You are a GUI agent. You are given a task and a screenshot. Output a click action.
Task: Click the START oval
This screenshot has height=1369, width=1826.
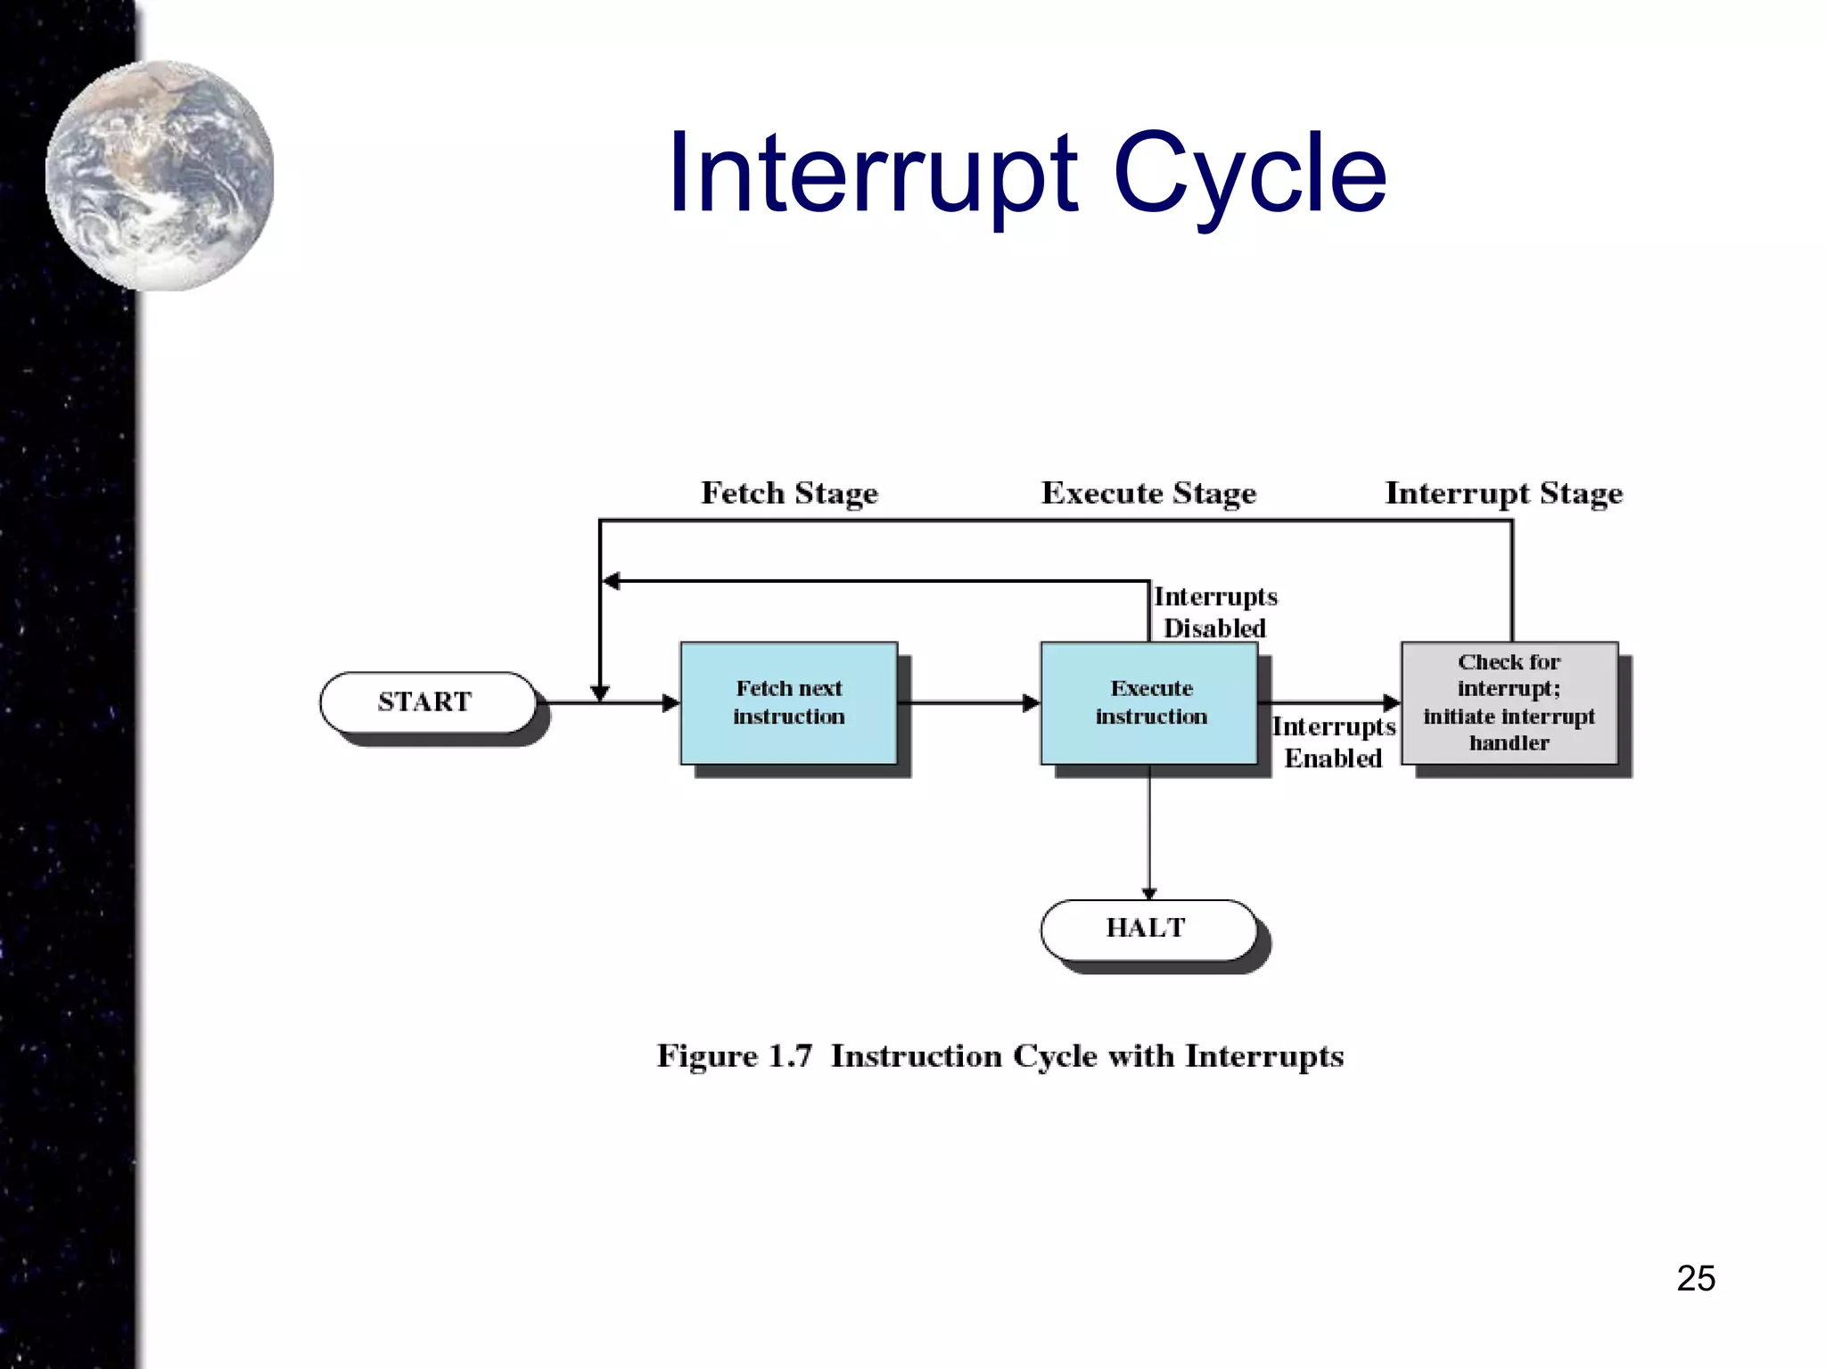(x=427, y=702)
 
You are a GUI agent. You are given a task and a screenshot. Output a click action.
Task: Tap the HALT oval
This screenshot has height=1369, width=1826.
(x=1147, y=929)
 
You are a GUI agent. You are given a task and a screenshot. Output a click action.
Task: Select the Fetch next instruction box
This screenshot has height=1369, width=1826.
(x=789, y=702)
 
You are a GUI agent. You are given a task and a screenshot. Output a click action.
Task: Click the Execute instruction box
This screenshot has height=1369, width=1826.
(x=1149, y=702)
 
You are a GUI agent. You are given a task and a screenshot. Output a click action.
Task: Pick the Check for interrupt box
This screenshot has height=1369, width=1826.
(x=1509, y=702)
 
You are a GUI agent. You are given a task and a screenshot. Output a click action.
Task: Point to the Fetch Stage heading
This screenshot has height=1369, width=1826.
(x=789, y=493)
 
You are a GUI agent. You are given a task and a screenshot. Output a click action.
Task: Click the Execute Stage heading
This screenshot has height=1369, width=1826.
(x=1148, y=493)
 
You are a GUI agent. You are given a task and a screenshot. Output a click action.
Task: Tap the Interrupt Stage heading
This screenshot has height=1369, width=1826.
(x=1503, y=493)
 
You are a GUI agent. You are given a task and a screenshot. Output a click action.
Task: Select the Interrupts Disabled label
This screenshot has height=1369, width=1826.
(x=1214, y=612)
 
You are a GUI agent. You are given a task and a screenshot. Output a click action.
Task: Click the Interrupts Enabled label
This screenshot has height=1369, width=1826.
(x=1333, y=742)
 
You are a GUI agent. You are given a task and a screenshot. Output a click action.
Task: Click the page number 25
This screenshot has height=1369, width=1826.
(x=1696, y=1278)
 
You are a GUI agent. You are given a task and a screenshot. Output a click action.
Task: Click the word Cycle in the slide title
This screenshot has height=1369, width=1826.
(x=1250, y=174)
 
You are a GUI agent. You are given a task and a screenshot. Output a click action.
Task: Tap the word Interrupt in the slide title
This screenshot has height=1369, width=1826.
(x=874, y=174)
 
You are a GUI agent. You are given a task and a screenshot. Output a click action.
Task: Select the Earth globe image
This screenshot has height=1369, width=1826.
(x=160, y=176)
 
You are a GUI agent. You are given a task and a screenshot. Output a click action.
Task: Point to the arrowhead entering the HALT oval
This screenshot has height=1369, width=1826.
(x=1149, y=893)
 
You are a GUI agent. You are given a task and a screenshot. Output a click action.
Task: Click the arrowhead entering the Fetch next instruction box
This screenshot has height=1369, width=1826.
(x=671, y=703)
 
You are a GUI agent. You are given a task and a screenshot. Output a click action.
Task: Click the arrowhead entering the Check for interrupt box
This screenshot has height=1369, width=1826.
(x=1392, y=702)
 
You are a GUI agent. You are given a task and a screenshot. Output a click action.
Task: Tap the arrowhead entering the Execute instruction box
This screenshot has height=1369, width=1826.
(x=1032, y=703)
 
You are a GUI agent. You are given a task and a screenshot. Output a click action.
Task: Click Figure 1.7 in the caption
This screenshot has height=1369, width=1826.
(x=735, y=1056)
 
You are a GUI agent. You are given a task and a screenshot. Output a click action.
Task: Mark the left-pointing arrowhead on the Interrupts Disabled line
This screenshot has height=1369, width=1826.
(x=612, y=581)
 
